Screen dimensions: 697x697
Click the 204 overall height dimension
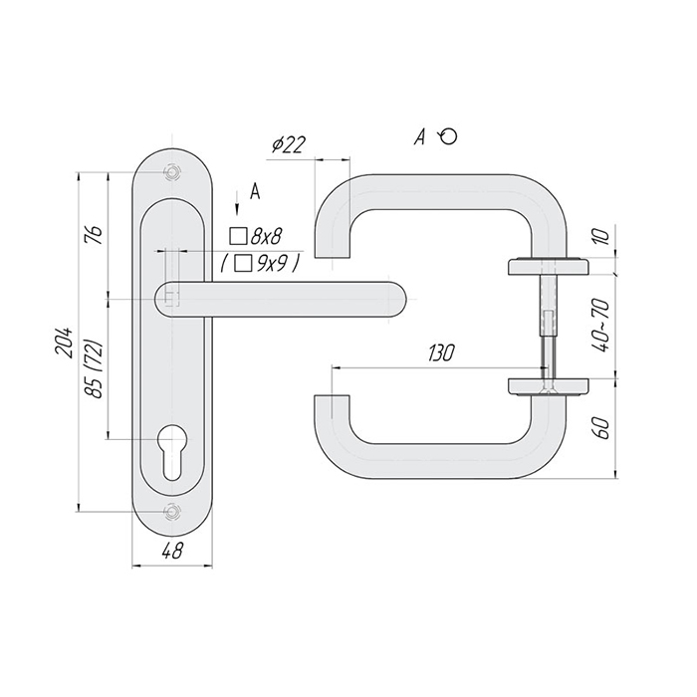click(63, 343)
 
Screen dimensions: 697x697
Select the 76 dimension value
click(96, 235)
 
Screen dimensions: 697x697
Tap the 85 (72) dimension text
click(95, 369)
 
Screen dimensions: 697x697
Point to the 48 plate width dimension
click(171, 552)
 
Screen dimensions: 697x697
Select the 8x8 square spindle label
click(256, 237)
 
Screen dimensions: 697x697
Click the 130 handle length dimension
click(441, 353)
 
